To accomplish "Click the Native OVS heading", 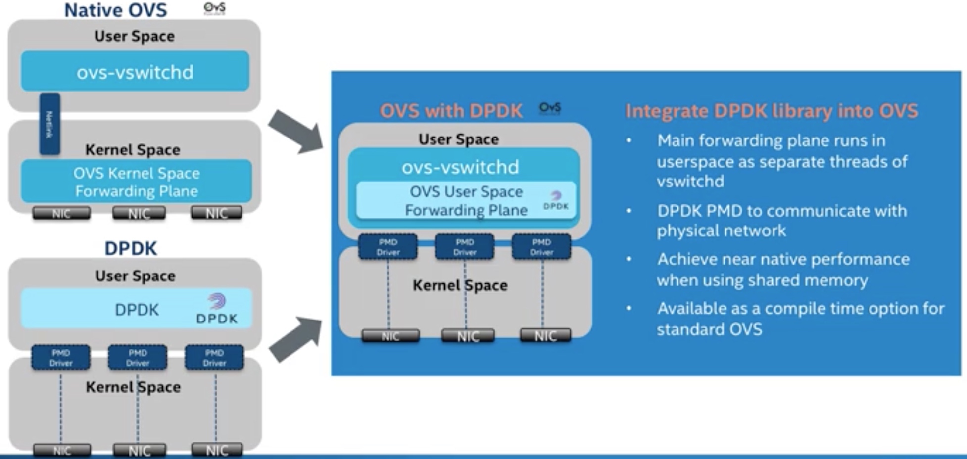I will tap(115, 10).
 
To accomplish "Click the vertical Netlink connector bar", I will tap(49, 124).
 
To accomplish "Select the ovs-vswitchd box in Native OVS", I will tap(135, 71).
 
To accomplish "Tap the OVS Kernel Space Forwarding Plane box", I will tap(136, 182).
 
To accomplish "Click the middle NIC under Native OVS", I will tap(139, 213).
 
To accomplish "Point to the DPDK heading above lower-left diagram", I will tap(131, 248).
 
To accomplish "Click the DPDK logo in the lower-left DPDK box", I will tap(217, 309).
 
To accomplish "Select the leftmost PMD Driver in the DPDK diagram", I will tap(61, 358).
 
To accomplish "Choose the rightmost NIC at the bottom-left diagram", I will tap(217, 450).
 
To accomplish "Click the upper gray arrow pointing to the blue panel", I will tap(296, 131).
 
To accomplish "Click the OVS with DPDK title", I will tap(451, 111).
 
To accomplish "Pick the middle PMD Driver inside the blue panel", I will tap(464, 247).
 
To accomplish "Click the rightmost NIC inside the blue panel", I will tap(545, 336).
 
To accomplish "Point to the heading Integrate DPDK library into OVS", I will tap(771, 111).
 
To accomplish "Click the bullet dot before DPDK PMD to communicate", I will tap(629, 211).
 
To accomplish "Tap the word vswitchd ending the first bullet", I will tap(690, 182).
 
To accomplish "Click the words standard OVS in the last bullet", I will tap(709, 329).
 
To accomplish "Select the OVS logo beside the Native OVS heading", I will tap(214, 8).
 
